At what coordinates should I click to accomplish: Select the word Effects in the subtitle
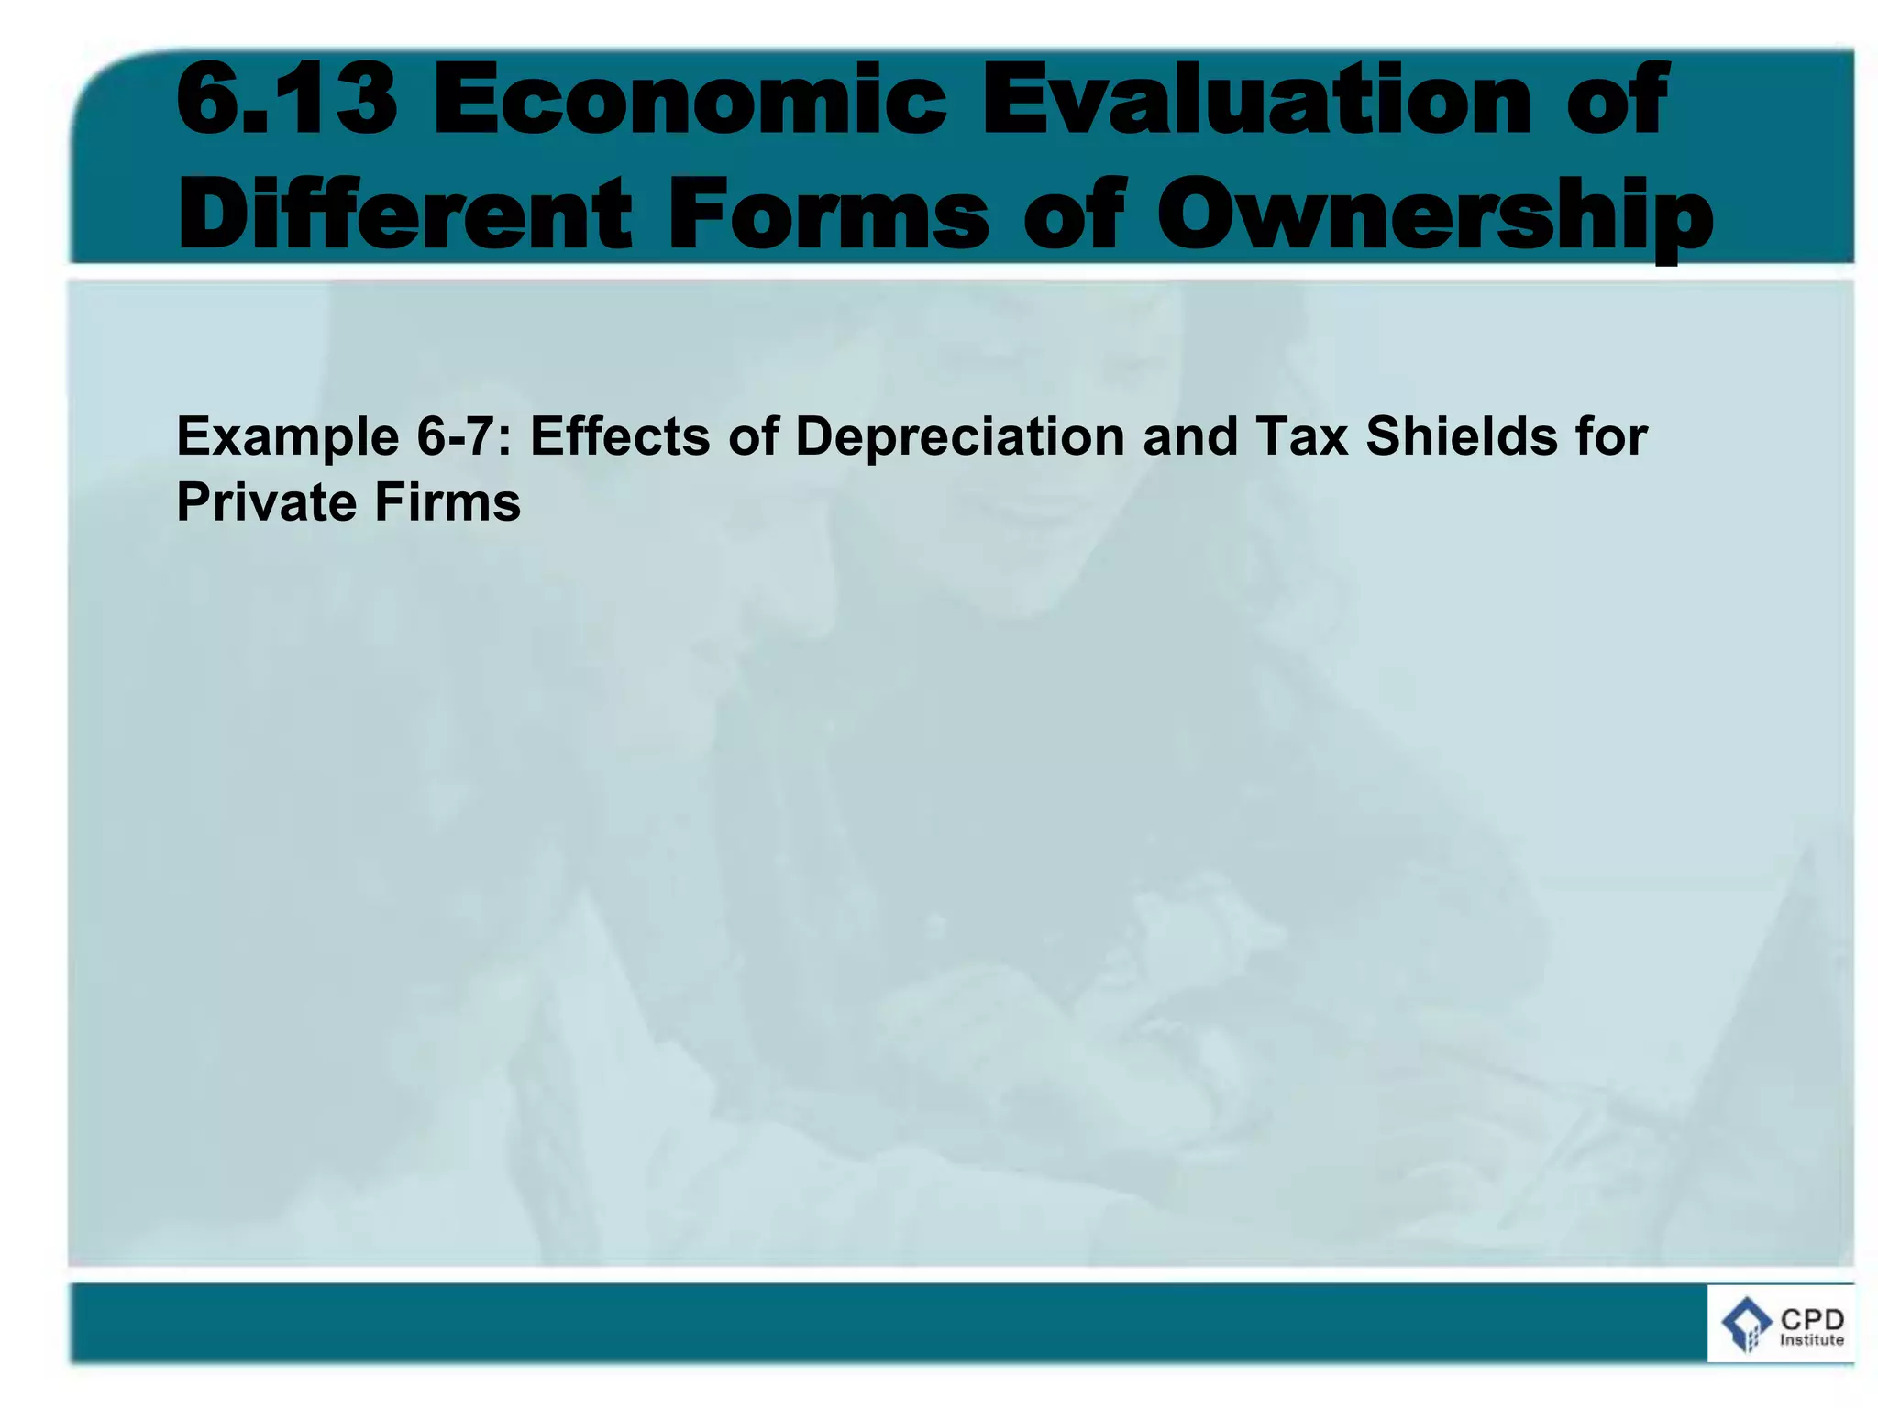point(620,435)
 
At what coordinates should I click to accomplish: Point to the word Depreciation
point(959,437)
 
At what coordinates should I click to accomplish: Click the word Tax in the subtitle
point(1301,435)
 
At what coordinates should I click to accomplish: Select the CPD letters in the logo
point(1812,1319)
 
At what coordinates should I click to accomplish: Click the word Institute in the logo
point(1811,1340)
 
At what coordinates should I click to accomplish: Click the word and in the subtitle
point(1189,435)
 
